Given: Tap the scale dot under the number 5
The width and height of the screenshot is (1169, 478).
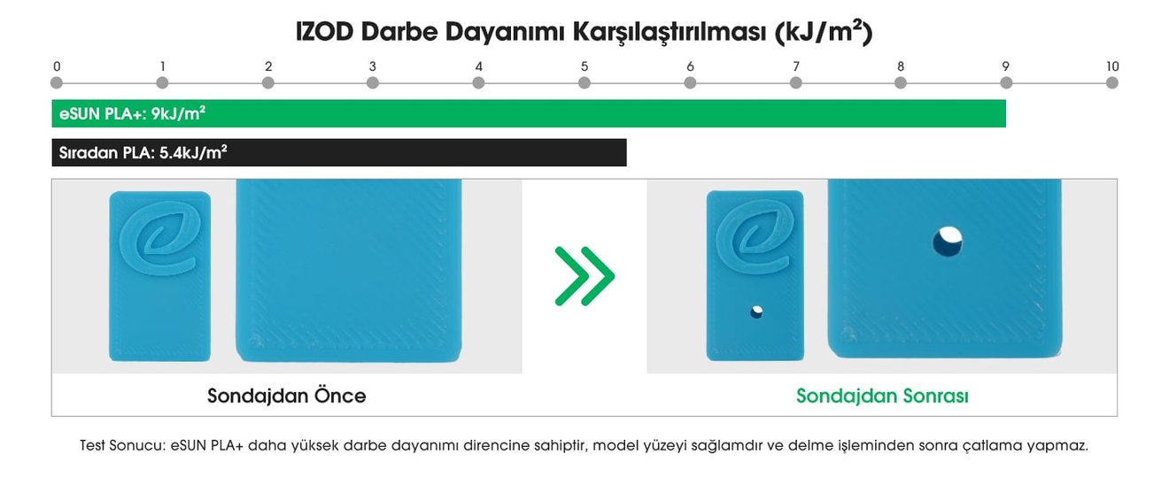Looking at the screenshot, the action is [x=584, y=82].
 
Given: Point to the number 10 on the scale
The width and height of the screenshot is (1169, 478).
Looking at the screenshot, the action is [x=1112, y=66].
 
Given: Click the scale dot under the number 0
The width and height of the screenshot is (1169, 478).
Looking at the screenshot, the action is [x=57, y=82].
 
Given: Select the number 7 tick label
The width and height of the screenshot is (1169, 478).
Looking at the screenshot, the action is [x=796, y=66].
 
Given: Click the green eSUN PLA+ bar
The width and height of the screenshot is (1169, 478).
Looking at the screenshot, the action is [x=529, y=113].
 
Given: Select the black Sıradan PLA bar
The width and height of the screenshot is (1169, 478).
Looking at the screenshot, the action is [x=339, y=152].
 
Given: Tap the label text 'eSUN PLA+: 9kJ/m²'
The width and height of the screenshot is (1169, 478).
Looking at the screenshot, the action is [x=132, y=113].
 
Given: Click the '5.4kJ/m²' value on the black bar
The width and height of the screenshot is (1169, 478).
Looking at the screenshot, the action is [x=193, y=152].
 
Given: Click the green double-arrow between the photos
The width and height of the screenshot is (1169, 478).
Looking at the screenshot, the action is [x=584, y=275].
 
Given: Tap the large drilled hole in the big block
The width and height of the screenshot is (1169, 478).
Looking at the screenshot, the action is [x=948, y=242].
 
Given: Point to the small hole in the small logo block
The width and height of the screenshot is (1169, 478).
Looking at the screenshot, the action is [x=756, y=312].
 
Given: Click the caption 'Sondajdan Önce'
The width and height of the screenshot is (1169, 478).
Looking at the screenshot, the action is [x=287, y=396].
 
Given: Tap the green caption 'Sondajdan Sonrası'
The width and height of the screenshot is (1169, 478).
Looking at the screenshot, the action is [x=882, y=396].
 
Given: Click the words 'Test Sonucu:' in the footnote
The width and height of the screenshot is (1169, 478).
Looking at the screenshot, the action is [x=122, y=445].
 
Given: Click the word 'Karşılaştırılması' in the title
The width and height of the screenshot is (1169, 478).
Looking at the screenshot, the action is [x=670, y=33].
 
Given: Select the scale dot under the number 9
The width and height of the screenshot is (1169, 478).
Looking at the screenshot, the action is [x=1006, y=82].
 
